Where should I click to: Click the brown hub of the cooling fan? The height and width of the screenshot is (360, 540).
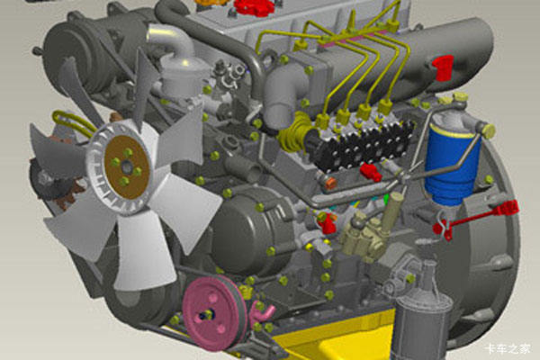click(127, 167)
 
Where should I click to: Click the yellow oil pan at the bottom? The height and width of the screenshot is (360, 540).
click(330, 336)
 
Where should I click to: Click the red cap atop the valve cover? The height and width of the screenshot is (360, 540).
click(254, 8)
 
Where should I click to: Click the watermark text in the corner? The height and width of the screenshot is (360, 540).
click(508, 348)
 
